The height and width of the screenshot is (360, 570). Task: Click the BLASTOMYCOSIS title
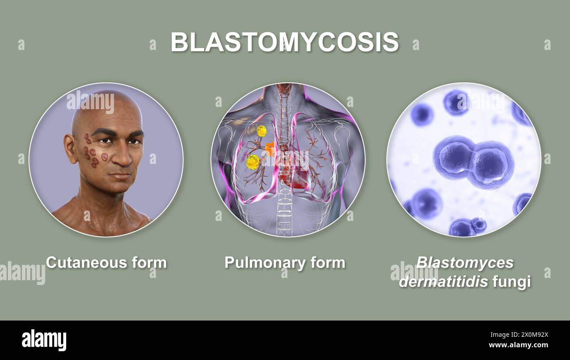coord(285,42)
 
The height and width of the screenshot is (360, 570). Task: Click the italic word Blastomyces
coord(465,262)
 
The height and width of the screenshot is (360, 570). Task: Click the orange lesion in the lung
coord(270,149)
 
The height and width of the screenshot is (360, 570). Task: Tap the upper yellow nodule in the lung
coord(261,131)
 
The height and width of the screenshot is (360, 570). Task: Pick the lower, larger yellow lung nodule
coord(253,162)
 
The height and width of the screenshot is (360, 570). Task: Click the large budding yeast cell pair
coord(474,161)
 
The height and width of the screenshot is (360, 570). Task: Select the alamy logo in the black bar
coord(44,340)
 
